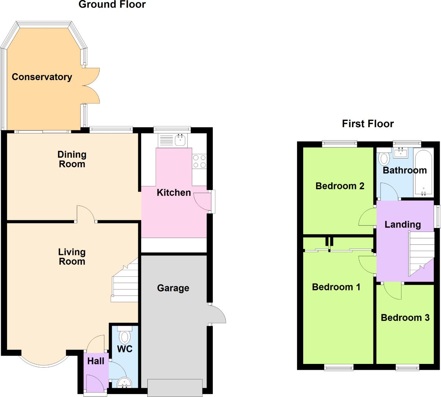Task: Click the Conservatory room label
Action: pyautogui.click(x=42, y=77)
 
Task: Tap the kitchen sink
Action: pyautogui.click(x=180, y=140)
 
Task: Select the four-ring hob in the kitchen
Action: pyautogui.click(x=199, y=161)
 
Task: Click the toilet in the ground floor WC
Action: pyautogui.click(x=125, y=336)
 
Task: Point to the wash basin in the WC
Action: pyautogui.click(x=125, y=383)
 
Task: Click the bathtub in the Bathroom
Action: pyautogui.click(x=423, y=172)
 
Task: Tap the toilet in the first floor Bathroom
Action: pyautogui.click(x=384, y=158)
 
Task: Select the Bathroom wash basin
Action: pyautogui.click(x=401, y=153)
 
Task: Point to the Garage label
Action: pyautogui.click(x=173, y=288)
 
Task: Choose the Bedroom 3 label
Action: pyautogui.click(x=405, y=318)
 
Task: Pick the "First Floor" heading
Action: pyautogui.click(x=367, y=124)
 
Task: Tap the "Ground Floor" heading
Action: pyautogui.click(x=112, y=5)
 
